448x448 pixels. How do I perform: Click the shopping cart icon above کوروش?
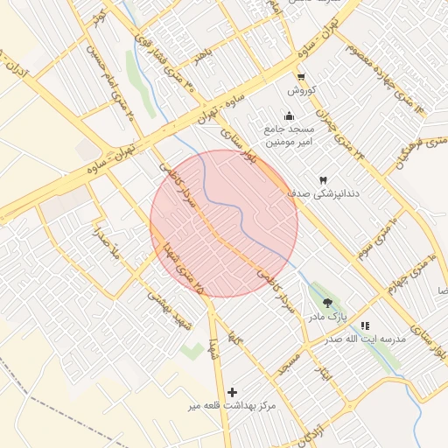coord(301,77)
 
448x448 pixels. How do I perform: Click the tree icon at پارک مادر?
coord(327,302)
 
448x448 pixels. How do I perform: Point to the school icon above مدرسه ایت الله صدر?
coord(365,325)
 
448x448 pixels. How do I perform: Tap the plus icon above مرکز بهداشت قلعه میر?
coord(232,393)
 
